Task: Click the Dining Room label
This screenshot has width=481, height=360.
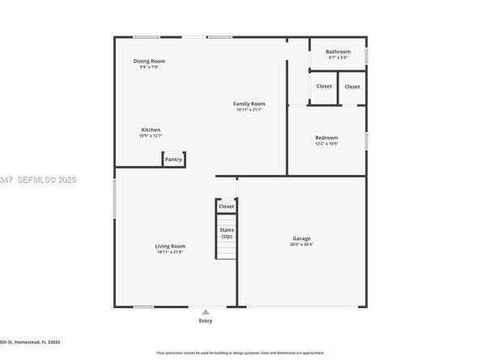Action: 150,61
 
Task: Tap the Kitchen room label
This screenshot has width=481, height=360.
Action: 151,129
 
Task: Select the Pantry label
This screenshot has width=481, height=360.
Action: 173,159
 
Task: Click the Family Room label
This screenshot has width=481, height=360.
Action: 249,104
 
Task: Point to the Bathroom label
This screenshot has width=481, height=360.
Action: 338,52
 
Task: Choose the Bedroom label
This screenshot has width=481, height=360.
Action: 326,138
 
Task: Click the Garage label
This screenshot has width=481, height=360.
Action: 302,238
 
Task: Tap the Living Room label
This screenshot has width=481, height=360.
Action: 171,246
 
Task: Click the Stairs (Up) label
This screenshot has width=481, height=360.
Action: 227,233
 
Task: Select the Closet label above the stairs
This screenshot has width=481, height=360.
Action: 227,206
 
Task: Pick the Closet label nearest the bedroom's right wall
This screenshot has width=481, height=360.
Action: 352,87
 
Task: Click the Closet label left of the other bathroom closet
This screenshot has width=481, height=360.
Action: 324,86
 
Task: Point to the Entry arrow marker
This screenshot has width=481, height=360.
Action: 206,311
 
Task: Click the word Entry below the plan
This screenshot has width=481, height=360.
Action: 206,321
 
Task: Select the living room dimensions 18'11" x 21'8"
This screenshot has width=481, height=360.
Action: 171,252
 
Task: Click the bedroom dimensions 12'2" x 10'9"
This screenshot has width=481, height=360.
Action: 326,143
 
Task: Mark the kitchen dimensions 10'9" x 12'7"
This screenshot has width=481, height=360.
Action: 151,135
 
